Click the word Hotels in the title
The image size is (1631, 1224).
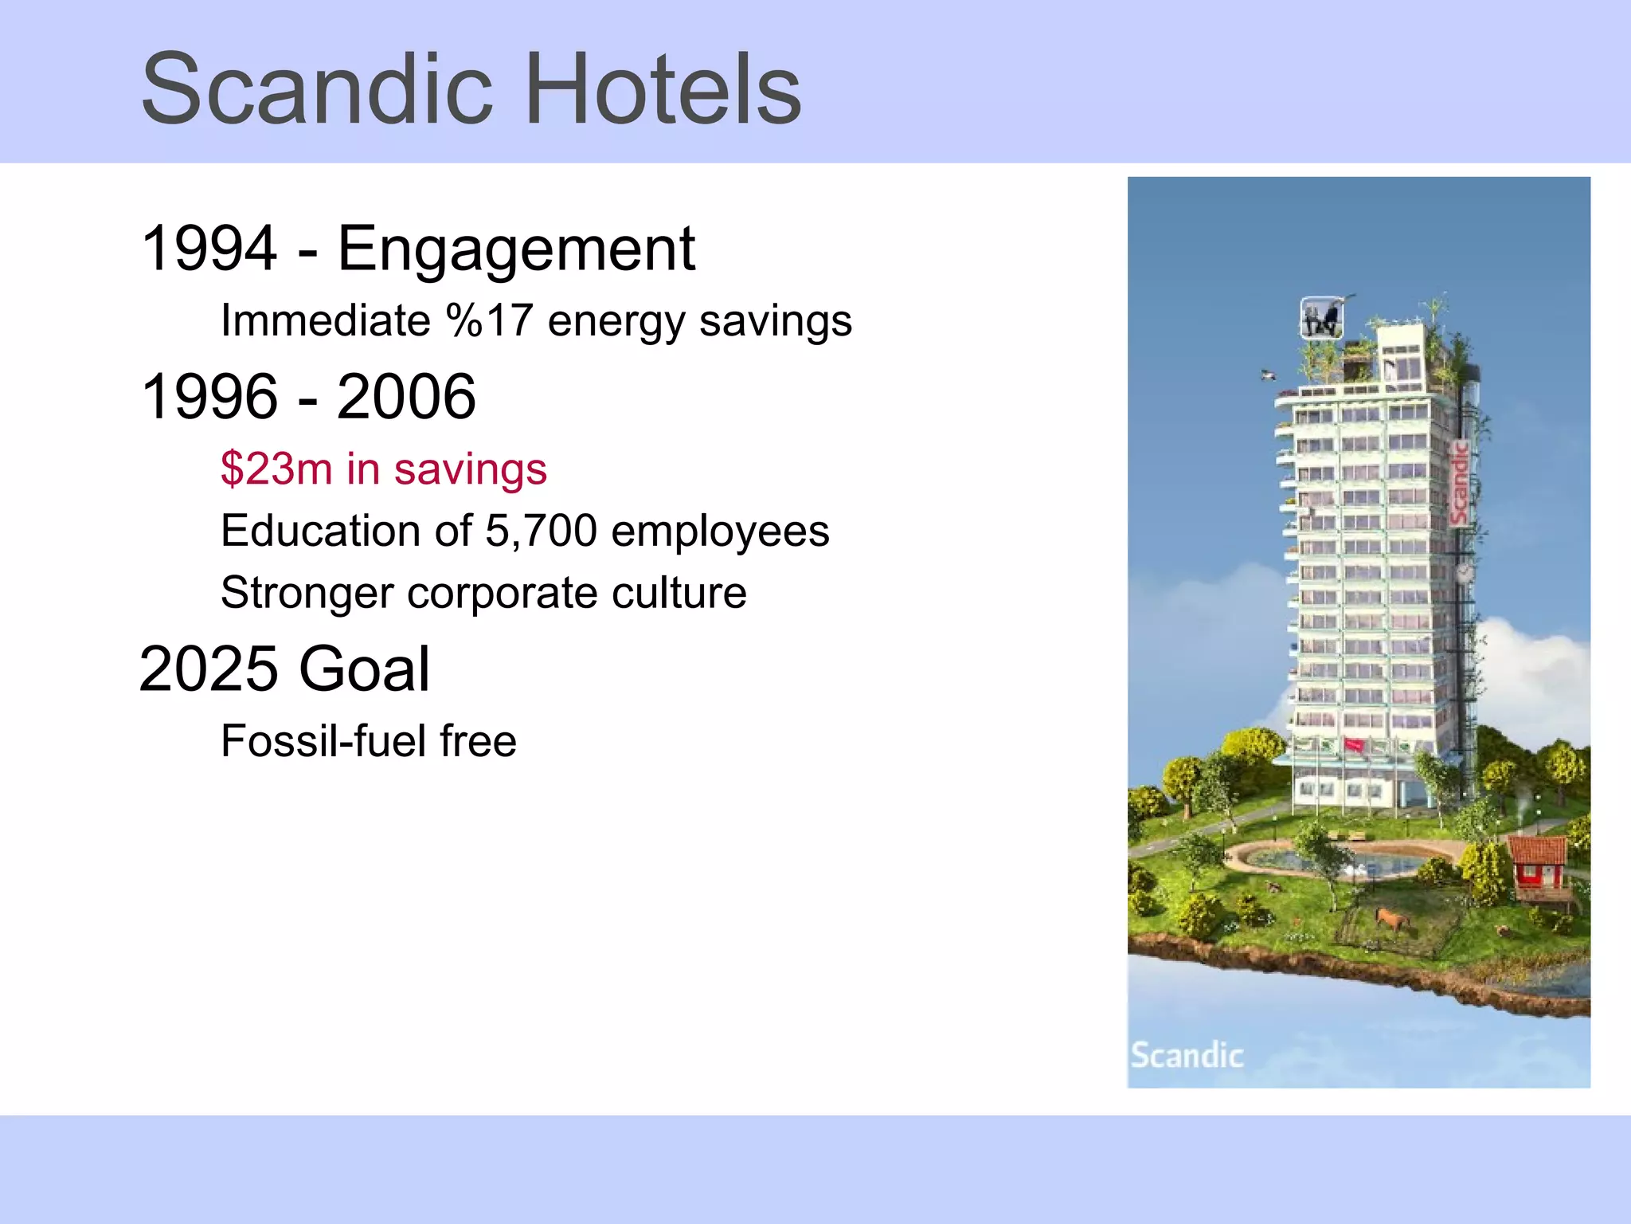663,89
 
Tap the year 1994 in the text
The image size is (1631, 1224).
209,249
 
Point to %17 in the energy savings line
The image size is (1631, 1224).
489,320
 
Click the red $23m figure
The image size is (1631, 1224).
276,469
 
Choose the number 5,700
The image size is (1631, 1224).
541,531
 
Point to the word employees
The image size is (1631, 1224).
720,531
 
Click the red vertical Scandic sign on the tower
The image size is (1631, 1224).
1459,483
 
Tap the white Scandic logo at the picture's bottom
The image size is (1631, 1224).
1187,1055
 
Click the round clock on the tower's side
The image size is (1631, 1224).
1464,571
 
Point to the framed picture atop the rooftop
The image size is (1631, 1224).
1322,319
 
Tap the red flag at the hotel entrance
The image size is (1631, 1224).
1355,746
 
